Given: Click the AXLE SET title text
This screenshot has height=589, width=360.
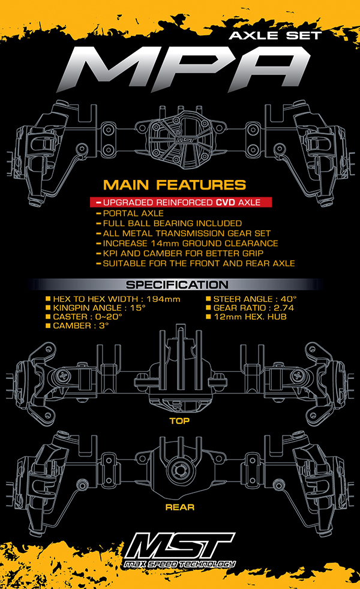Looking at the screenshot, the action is pyautogui.click(x=275, y=35).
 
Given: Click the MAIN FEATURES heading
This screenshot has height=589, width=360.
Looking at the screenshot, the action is pyautogui.click(x=175, y=185).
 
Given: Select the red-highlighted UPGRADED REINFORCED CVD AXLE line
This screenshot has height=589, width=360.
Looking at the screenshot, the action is pyautogui.click(x=181, y=202).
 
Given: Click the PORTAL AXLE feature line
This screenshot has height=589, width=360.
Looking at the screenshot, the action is pyautogui.click(x=130, y=213).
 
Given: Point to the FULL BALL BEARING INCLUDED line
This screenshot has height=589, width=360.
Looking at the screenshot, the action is pyautogui.click(x=169, y=223).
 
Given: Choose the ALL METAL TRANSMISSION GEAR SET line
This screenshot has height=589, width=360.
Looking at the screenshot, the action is pyautogui.click(x=184, y=233).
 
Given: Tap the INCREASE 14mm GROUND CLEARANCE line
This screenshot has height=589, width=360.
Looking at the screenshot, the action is pyautogui.click(x=187, y=244).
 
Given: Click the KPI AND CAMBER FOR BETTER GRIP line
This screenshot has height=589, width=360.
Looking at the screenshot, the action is pyautogui.click(x=180, y=253).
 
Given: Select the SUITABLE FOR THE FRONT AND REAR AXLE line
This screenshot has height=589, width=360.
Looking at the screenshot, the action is pyautogui.click(x=196, y=263).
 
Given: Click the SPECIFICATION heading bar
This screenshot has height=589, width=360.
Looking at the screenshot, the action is pyautogui.click(x=177, y=285).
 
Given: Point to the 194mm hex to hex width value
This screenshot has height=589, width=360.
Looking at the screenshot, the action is pyautogui.click(x=163, y=299).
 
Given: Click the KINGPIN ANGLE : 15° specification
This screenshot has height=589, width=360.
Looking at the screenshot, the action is pyautogui.click(x=95, y=308).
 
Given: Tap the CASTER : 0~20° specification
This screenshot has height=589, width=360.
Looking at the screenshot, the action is pyautogui.click(x=84, y=317).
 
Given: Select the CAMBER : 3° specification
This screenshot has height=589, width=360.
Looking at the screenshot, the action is pyautogui.click(x=77, y=326).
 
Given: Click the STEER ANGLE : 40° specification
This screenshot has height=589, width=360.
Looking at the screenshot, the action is pyautogui.click(x=251, y=299).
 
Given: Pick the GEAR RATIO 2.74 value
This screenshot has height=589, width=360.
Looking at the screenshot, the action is pyautogui.click(x=284, y=308).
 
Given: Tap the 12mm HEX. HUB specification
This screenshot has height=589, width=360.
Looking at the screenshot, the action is pyautogui.click(x=247, y=317).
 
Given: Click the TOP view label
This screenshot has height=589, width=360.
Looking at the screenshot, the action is pyautogui.click(x=179, y=420).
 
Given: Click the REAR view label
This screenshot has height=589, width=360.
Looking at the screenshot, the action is pyautogui.click(x=180, y=507).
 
